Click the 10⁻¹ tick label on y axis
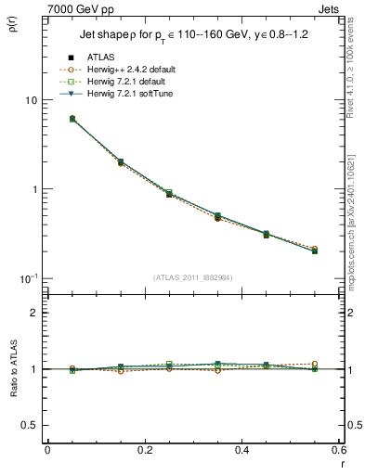[28, 278]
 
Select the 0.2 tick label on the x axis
[144, 449]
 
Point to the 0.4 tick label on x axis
[241, 449]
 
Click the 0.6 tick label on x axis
[338, 449]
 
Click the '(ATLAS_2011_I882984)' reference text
[192, 277]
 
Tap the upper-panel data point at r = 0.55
[315, 250]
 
